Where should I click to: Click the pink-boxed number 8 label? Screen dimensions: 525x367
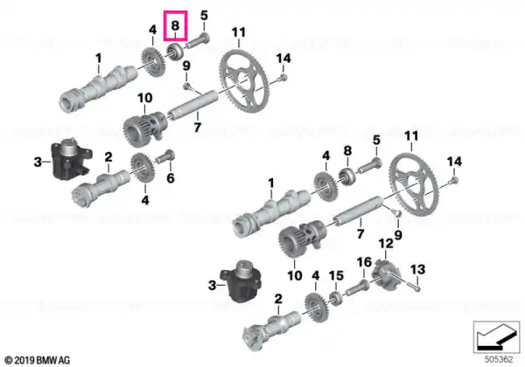coord(176,25)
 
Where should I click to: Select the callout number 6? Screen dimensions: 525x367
coord(171,177)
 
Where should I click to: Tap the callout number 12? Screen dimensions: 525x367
coord(385,243)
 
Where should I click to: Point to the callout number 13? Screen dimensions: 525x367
coord(418,269)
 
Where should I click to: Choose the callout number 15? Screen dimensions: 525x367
coord(337,275)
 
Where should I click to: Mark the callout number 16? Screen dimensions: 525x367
coord(364,262)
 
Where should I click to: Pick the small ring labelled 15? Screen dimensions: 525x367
coord(335,298)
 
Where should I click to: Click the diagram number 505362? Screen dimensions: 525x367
coord(499,360)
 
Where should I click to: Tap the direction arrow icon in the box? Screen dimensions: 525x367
coord(496,336)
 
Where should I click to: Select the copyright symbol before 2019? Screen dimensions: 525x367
coord(9,360)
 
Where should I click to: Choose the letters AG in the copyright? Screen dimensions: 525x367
coord(65,360)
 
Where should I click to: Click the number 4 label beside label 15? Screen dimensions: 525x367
coord(315,276)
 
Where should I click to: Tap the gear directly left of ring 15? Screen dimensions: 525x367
coord(316,307)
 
